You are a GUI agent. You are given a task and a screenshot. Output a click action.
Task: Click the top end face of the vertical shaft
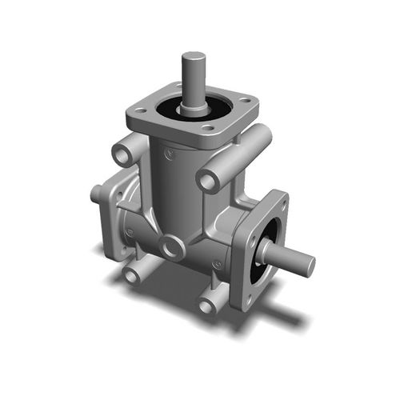pos(194,57)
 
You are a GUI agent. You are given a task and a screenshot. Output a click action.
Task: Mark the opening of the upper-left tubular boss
pos(121,154)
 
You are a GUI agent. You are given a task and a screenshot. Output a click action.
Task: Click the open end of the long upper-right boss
pos(207,181)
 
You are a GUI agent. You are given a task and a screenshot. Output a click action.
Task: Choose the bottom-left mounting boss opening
pos(131,276)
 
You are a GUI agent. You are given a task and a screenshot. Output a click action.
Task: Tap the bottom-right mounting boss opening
pos(206,306)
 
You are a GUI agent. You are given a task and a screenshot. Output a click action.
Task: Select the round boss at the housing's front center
pos(171,247)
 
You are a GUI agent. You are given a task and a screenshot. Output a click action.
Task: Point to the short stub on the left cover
pos(95,193)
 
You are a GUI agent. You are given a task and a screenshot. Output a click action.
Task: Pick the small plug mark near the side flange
pos(216,264)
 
